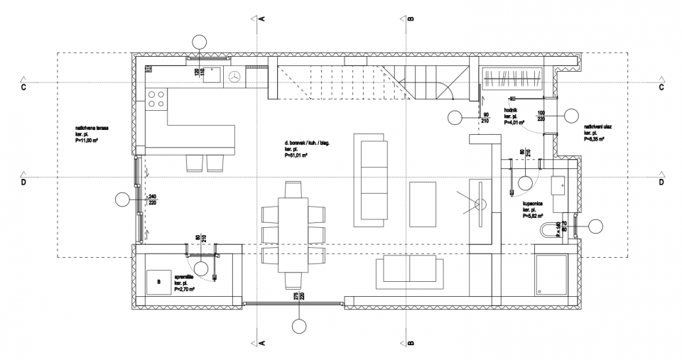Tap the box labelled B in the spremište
[x=158, y=282]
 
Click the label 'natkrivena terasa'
[x=92, y=130]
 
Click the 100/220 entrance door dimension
[x=541, y=116]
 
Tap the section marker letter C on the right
[x=661, y=87]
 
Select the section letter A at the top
[x=261, y=19]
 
